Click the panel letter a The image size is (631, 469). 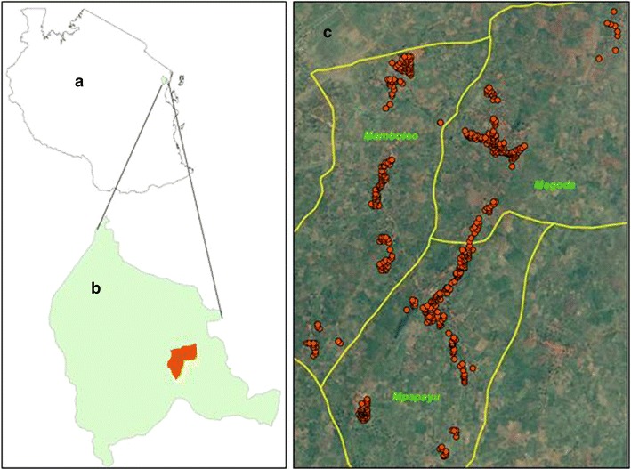[x=79, y=82]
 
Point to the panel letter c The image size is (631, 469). [x=328, y=34]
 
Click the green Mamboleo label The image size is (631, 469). [x=391, y=136]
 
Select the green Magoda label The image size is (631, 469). [x=555, y=185]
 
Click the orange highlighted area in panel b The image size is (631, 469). [x=182, y=360]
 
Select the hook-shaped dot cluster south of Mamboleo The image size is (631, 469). [x=384, y=253]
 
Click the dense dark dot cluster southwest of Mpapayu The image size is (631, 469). [x=362, y=409]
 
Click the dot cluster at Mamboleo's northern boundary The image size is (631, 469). [x=400, y=71]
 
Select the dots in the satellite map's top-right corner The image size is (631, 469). [x=612, y=27]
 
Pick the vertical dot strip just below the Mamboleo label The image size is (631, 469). [x=381, y=182]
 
